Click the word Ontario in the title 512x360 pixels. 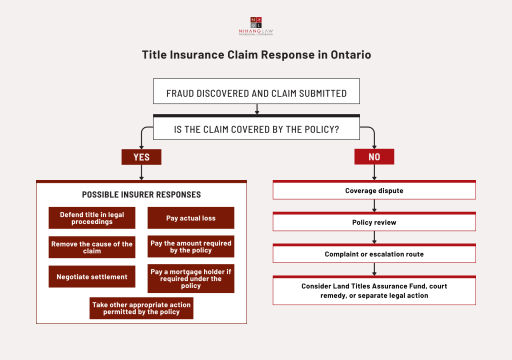[x=350, y=55]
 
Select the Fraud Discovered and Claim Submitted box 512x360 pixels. [x=256, y=93]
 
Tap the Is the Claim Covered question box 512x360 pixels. [x=256, y=129]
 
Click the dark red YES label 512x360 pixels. [x=141, y=157]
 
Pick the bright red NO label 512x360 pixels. [x=374, y=157]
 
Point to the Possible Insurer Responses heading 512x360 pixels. [x=141, y=194]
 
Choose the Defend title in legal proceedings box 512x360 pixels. [x=92, y=218]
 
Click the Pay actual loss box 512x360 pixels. [x=190, y=218]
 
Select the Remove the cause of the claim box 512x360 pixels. [x=92, y=247]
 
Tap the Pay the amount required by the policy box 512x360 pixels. [x=190, y=246]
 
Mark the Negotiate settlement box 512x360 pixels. [x=92, y=276]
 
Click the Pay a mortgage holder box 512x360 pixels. [x=190, y=278]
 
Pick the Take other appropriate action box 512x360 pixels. [x=141, y=308]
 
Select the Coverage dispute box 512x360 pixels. [x=374, y=190]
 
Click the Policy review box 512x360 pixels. [x=374, y=222]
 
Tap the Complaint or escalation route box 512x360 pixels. [x=374, y=254]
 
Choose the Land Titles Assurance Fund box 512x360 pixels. [x=374, y=290]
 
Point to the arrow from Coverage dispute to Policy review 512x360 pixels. [x=374, y=206]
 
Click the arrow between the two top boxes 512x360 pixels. [x=256, y=109]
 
